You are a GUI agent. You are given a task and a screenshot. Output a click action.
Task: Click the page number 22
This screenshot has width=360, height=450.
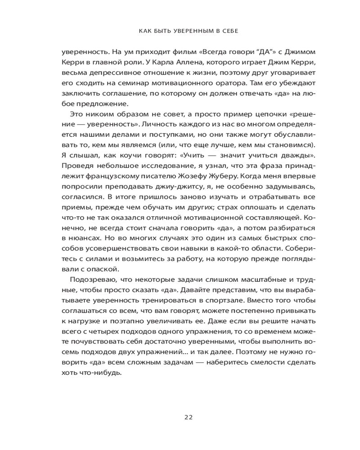pos(189,417)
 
